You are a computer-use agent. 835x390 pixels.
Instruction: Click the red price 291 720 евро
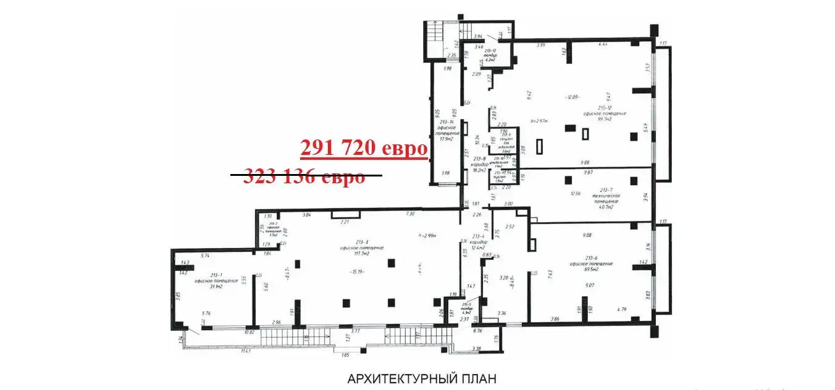coord(364,149)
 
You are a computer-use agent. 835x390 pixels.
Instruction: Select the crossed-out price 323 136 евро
coord(305,176)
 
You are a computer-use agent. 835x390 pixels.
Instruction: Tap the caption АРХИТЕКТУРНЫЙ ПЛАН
coord(422,378)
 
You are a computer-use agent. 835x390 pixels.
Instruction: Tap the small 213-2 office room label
coord(272,228)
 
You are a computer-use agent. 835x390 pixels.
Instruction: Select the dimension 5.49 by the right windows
coord(646,127)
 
